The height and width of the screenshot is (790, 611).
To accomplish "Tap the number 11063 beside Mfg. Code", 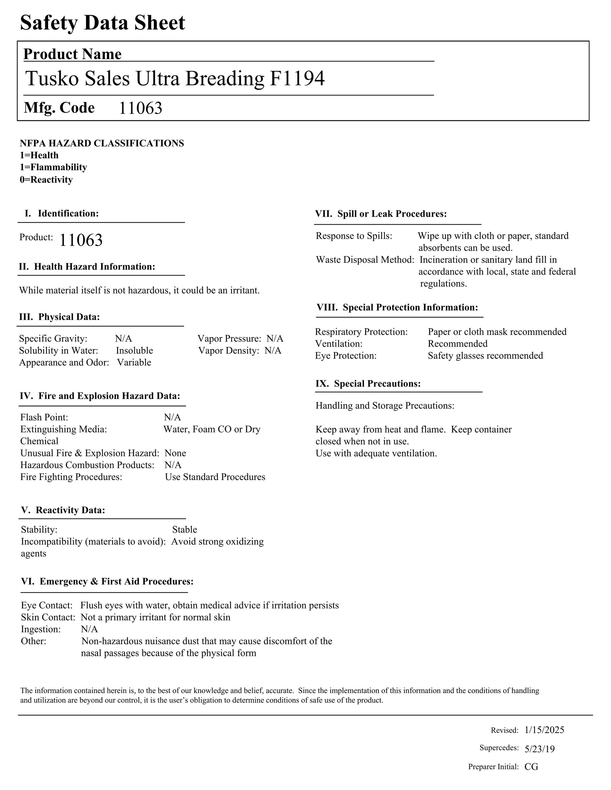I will tap(140, 108).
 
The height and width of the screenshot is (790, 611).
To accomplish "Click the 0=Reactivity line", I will tap(46, 180).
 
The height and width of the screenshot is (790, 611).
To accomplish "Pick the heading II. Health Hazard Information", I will tap(87, 267).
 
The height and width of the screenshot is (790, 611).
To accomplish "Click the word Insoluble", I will tap(134, 350).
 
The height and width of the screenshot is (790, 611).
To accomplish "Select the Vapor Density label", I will tap(229, 350).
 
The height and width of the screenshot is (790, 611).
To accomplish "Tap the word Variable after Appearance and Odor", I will tap(134, 362).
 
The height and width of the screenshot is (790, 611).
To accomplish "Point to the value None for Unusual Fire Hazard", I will tap(175, 453).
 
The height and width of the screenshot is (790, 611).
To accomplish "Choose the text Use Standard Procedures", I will tap(215, 477).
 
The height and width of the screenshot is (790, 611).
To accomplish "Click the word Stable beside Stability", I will tap(185, 530).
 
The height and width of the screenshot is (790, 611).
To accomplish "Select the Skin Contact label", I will tap(48, 617).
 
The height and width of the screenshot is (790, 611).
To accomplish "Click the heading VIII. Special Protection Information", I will tap(397, 307).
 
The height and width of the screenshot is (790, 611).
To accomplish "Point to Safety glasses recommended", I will tap(485, 355).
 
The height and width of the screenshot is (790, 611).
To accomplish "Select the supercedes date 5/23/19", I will tap(540, 749).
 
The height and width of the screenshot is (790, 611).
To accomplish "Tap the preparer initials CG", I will tap(531, 766).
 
